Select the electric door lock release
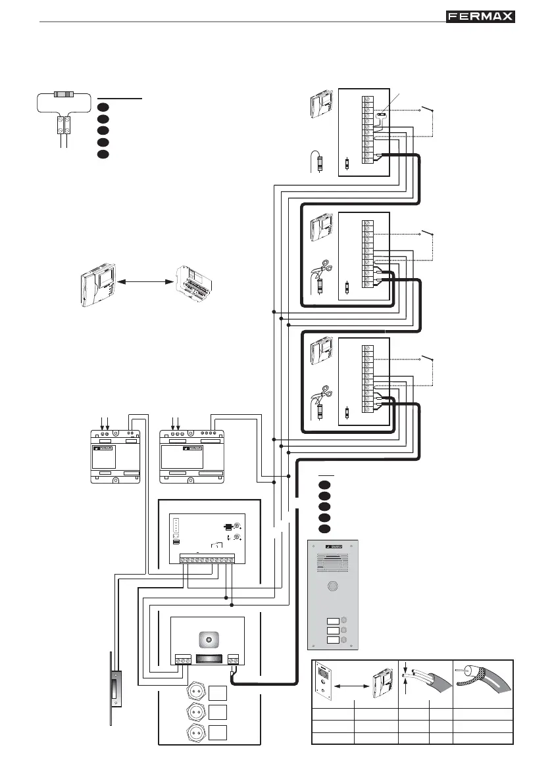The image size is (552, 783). (117, 690)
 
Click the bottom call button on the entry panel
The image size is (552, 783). (334, 640)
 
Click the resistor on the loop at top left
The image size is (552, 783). (64, 95)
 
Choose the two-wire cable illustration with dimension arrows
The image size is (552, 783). (424, 684)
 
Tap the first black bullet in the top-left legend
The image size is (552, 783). (103, 107)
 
